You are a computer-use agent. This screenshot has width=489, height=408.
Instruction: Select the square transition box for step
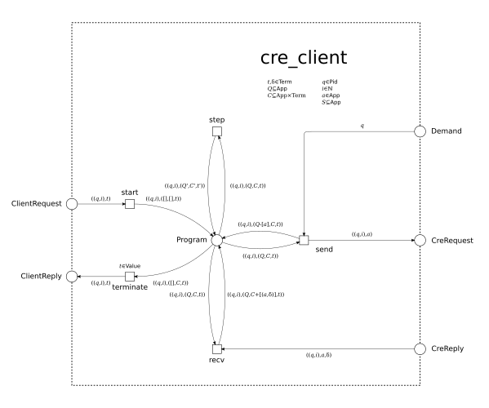[216, 131]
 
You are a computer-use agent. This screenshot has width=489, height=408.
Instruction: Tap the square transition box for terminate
[129, 276]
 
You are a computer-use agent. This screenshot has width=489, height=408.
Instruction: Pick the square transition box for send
[304, 240]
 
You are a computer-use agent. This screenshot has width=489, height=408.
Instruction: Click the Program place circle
[216, 240]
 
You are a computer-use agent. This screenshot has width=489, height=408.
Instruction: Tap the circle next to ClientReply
[73, 276]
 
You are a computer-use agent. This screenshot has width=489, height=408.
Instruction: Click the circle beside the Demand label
[419, 131]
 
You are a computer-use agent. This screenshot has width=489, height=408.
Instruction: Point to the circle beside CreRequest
[419, 240]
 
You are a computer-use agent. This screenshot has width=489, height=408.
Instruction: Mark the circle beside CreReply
[419, 348]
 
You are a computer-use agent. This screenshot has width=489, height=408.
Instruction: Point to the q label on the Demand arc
[361, 126]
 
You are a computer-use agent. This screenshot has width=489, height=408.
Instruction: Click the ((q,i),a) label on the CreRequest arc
[362, 234]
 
